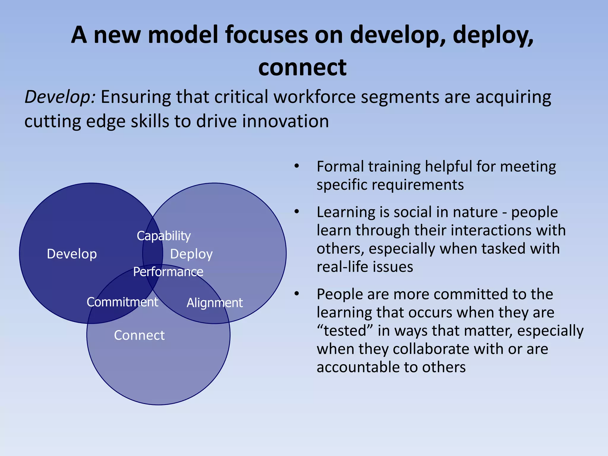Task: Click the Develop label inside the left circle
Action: point(72,254)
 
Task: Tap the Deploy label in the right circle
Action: point(191,254)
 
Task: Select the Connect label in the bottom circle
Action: point(139,335)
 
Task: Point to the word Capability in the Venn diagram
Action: point(164,236)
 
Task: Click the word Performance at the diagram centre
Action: point(168,272)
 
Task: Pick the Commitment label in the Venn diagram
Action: point(122,302)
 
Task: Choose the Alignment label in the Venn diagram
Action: point(214,303)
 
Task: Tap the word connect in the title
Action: point(302,68)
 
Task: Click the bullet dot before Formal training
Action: point(296,166)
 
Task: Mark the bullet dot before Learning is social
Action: point(296,212)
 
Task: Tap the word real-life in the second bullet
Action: point(342,267)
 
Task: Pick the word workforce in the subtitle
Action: point(314,97)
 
